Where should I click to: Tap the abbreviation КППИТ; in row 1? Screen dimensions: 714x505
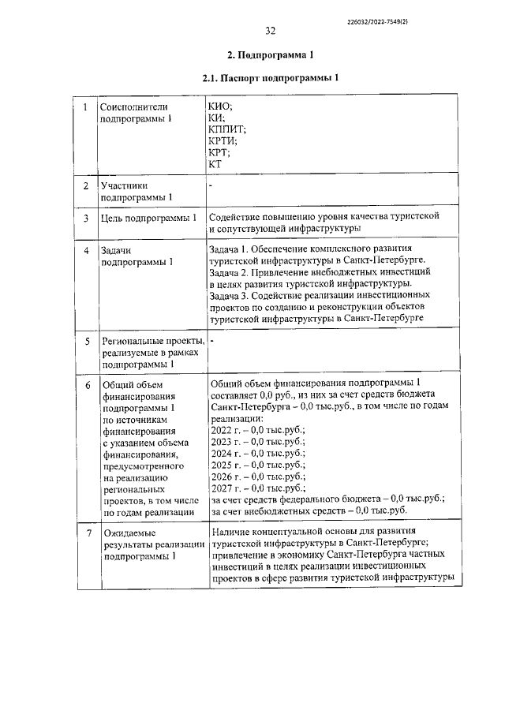coord(228,129)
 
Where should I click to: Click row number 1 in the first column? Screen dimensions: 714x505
coord(85,106)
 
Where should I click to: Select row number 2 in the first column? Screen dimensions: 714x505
coord(85,185)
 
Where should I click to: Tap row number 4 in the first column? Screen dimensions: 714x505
coord(85,250)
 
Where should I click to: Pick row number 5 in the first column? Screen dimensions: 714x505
coord(85,341)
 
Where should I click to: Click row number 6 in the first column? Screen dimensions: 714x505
coord(85,384)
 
